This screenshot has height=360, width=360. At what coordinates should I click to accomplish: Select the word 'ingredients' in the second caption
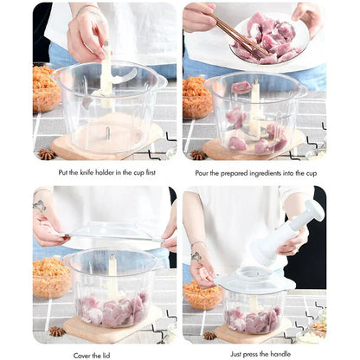tap(269, 172)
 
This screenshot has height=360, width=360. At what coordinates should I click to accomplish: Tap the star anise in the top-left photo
tap(45, 153)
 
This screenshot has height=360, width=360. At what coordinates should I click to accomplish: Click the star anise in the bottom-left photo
tap(56, 331)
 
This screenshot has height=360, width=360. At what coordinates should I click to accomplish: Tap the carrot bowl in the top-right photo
tap(196, 97)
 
